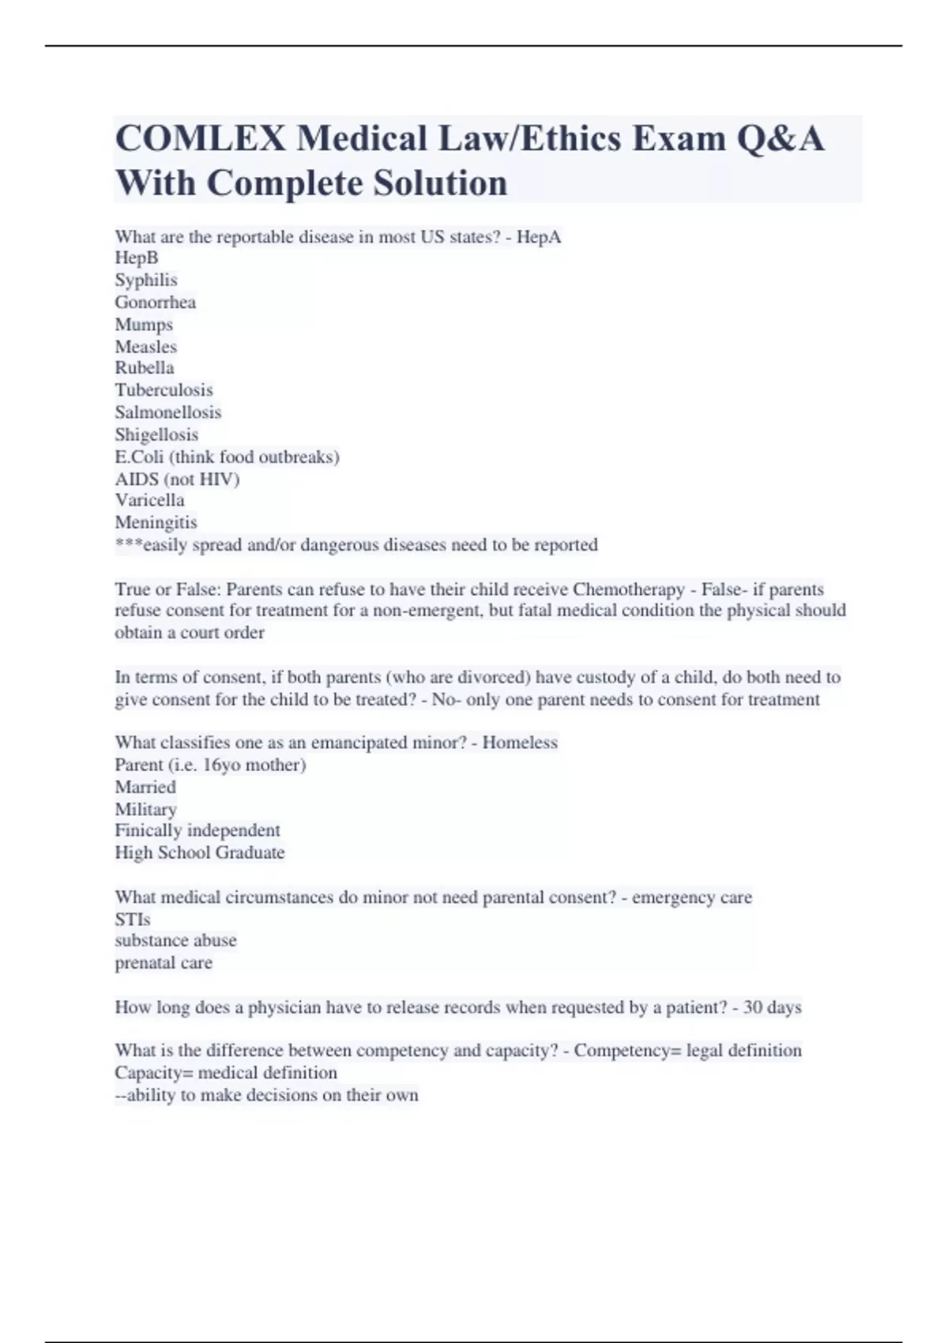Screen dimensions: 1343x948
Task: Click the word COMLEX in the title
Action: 200,139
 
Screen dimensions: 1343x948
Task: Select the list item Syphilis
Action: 146,280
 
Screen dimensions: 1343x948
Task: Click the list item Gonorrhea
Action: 155,302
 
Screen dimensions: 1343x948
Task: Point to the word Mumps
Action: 144,324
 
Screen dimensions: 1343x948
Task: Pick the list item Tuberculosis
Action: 164,389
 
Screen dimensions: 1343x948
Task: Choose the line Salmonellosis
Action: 167,412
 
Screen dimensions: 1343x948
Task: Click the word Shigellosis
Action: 156,434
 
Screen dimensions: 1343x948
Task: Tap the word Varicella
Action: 149,500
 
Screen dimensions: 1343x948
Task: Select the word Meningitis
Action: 156,522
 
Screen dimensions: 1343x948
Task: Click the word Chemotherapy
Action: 629,589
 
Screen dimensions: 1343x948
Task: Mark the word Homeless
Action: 520,743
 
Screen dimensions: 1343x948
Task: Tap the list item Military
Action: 145,809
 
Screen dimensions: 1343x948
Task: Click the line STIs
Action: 132,919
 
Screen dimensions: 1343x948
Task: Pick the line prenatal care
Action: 164,963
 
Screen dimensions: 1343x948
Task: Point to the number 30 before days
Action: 753,1007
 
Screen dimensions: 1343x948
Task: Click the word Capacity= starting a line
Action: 154,1073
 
